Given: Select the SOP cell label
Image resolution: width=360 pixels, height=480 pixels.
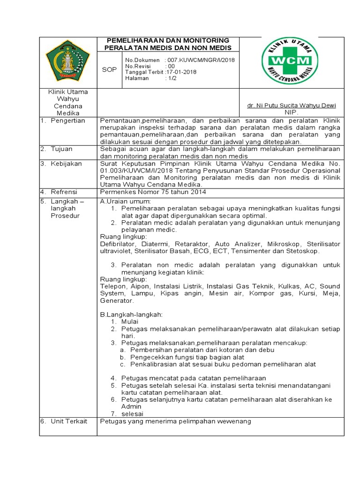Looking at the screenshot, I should (109, 69).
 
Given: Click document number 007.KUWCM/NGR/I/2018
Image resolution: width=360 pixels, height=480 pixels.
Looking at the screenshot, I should (200, 60).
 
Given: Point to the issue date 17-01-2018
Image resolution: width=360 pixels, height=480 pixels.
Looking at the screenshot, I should (181, 72).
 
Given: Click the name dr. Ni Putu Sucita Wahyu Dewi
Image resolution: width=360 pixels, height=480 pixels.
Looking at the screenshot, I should (291, 105).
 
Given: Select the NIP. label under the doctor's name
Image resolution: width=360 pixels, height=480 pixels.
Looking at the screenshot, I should (291, 112).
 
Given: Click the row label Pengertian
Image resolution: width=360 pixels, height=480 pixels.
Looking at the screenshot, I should (68, 120).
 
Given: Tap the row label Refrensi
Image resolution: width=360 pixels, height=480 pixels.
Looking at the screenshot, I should (65, 192).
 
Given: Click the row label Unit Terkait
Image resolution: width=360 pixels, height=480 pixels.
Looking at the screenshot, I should (69, 421).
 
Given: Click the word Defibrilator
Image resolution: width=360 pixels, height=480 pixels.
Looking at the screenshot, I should (117, 244).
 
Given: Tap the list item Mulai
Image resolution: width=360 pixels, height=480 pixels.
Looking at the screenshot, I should (130, 322).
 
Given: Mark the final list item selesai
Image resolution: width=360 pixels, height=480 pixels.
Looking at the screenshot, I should (132, 413).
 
